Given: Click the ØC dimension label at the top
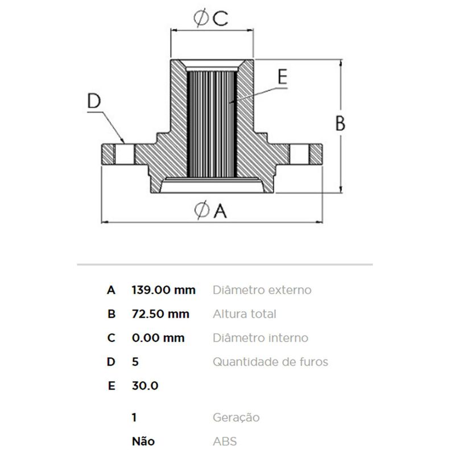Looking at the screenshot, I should pyautogui.click(x=210, y=19).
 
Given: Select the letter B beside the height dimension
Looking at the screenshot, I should pyautogui.click(x=340, y=123).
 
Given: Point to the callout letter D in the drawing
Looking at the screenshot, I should pyautogui.click(x=94, y=101).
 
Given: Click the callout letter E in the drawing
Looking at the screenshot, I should pyautogui.click(x=283, y=77).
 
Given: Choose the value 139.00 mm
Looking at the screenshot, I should pyautogui.click(x=163, y=290).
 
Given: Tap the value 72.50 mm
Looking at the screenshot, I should pyautogui.click(x=160, y=314).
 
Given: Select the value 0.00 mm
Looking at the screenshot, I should pyautogui.click(x=158, y=338).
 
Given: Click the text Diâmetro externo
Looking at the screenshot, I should pyautogui.click(x=262, y=290).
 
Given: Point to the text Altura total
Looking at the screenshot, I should pyautogui.click(x=244, y=314).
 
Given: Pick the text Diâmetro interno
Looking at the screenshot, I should pyautogui.click(x=260, y=338).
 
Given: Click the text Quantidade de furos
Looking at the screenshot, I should pyautogui.click(x=270, y=362).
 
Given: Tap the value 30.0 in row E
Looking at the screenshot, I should pyautogui.click(x=144, y=386).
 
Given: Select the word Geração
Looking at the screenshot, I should pyautogui.click(x=236, y=417).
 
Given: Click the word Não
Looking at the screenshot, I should pyautogui.click(x=142, y=441).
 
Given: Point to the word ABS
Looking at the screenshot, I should pyautogui.click(x=225, y=441).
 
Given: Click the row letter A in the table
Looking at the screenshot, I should pyautogui.click(x=111, y=290).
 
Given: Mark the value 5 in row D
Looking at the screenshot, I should pyautogui.click(x=134, y=362).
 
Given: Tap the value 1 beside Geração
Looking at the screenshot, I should pyautogui.click(x=134, y=417).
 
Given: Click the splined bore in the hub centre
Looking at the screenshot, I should pyautogui.click(x=211, y=122).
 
